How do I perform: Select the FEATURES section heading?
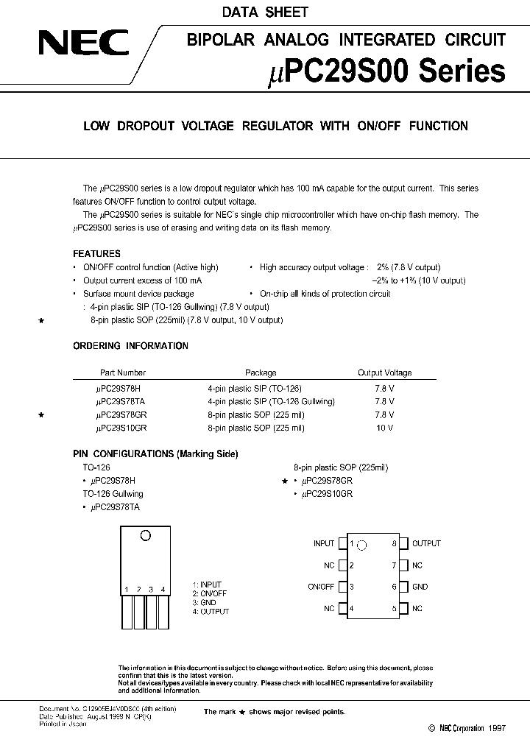pos(96,254)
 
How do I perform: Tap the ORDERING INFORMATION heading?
pos(130,346)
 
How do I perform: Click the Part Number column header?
pos(123,373)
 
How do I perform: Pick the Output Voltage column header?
pos(384,373)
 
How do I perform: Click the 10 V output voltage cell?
pos(384,428)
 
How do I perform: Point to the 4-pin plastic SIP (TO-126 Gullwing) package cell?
pos(271,401)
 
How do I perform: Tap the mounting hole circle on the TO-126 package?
pos(145,536)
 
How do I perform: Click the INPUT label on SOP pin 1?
pos(324,543)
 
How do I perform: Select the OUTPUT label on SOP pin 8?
pos(426,543)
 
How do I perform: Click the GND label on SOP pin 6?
pos(420,587)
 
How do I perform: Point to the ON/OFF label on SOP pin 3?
pos(321,587)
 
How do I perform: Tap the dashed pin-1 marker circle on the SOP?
pos(361,545)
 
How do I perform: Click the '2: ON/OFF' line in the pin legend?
pos(210,593)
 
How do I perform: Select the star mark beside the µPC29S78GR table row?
pos(42,415)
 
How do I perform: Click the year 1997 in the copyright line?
pos(496,727)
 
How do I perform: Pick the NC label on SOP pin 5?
pos(417,609)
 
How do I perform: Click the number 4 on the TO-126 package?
pos(163,589)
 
